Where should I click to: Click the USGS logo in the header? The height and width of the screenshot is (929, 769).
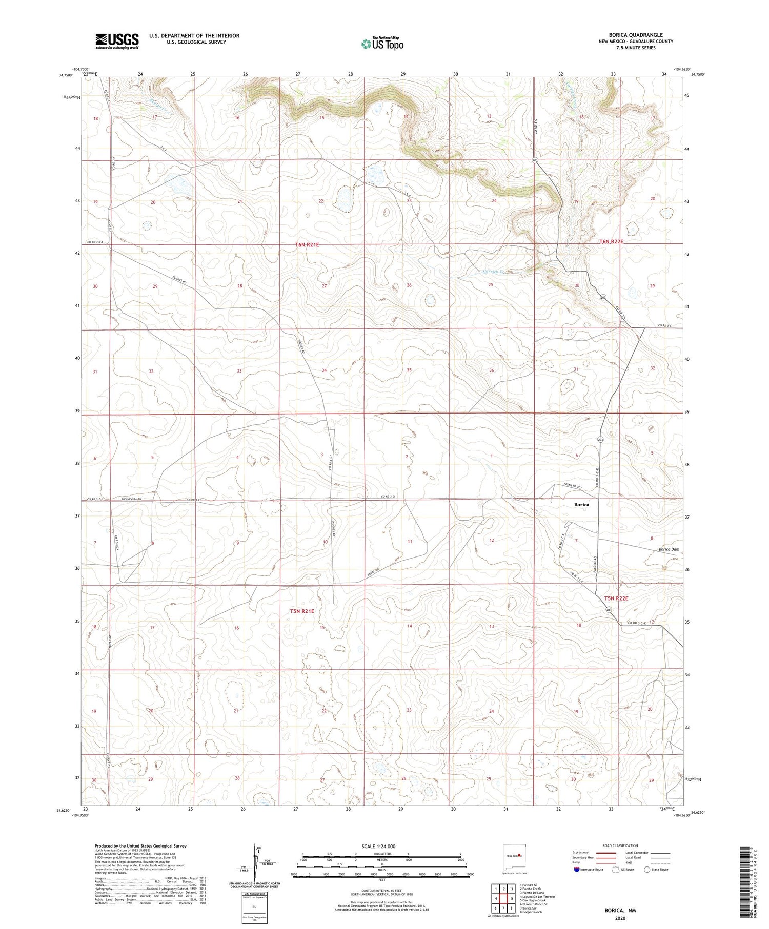coord(117,41)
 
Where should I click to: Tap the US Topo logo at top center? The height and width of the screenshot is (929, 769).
coord(382,44)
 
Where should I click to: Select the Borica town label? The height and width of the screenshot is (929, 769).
coord(581,505)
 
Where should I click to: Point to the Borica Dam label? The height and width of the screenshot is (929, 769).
coord(669,549)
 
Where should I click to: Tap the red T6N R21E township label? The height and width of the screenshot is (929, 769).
coord(307,245)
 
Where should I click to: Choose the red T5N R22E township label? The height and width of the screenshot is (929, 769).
coord(616,598)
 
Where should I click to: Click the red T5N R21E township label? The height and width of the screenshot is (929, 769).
coord(302,611)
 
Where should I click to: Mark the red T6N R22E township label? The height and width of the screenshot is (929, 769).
coord(611,241)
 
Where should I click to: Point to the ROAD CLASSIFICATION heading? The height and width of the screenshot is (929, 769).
coord(620,845)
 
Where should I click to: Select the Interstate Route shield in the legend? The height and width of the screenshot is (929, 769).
coord(576,870)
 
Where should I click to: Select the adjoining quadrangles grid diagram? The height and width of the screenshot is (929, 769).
coord(503,898)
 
